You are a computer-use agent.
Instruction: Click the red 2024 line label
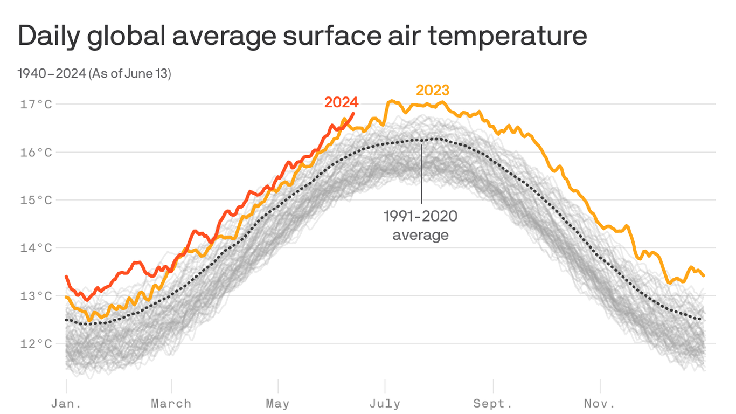click(x=341, y=102)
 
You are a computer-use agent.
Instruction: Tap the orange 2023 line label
click(x=432, y=90)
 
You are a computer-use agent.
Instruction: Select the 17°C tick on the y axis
click(x=37, y=104)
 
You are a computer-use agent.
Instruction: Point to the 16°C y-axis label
click(x=37, y=152)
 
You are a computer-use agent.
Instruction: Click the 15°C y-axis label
click(x=37, y=200)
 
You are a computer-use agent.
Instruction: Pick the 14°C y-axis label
click(x=37, y=248)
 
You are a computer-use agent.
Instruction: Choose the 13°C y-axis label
click(x=37, y=296)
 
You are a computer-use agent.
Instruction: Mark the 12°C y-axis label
click(x=37, y=343)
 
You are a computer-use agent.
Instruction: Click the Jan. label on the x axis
click(x=66, y=403)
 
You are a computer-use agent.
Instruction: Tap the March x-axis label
click(x=171, y=403)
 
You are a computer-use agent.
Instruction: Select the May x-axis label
click(x=277, y=403)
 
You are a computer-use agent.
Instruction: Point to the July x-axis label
click(x=385, y=403)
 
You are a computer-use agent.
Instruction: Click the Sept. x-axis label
click(x=493, y=403)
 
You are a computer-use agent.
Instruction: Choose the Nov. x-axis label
click(x=600, y=403)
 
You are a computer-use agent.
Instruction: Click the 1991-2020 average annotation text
click(x=420, y=225)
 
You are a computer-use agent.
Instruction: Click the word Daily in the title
click(x=50, y=37)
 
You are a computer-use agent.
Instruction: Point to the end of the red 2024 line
click(x=354, y=113)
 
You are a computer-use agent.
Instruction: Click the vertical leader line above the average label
click(x=421, y=172)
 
